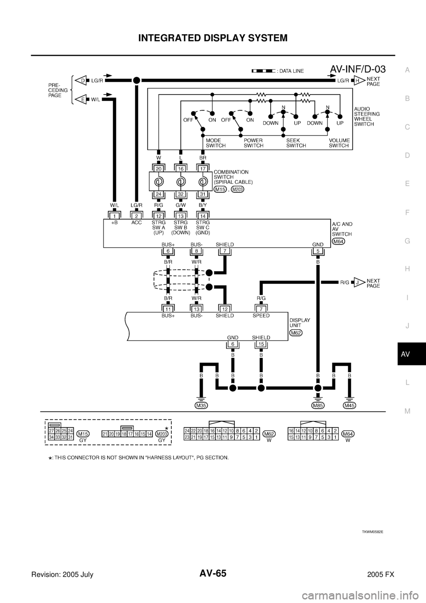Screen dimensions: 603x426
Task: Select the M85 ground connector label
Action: tap(318, 405)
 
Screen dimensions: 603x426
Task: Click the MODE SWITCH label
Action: tap(216, 143)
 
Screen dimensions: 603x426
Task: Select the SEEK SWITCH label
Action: tap(296, 143)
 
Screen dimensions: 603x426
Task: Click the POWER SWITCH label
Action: tap(254, 143)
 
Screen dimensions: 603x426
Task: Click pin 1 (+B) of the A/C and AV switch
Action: tap(115, 215)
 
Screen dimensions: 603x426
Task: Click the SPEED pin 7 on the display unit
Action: tap(261, 309)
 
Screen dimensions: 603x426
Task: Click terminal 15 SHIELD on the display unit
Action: tap(261, 344)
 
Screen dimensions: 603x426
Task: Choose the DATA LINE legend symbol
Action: tap(264, 71)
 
